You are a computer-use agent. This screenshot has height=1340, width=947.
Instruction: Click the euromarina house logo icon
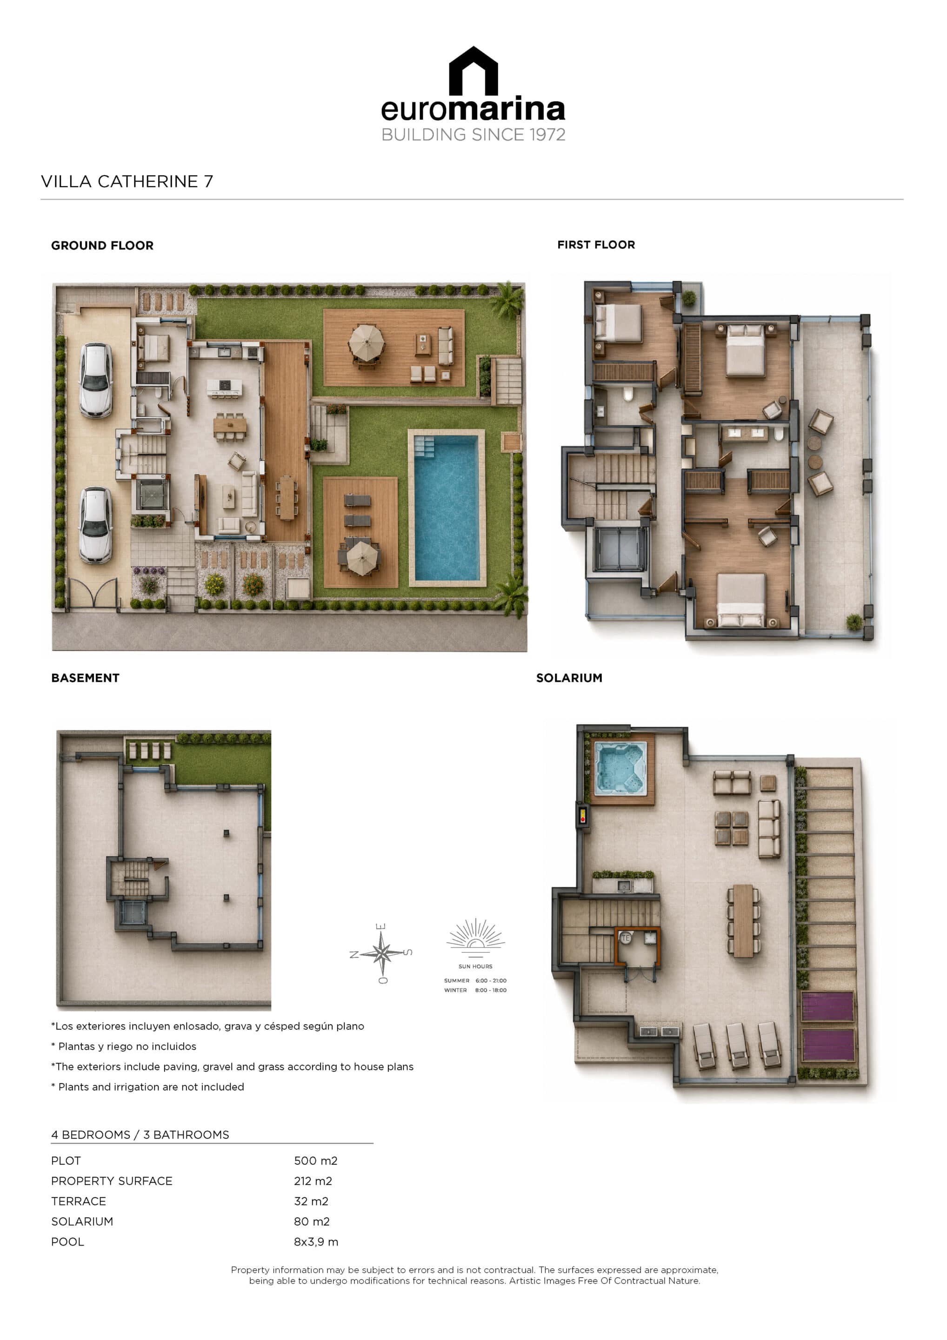(473, 71)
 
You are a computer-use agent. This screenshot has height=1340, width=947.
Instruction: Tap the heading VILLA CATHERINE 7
(127, 181)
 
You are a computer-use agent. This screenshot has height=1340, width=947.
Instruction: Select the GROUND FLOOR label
(102, 246)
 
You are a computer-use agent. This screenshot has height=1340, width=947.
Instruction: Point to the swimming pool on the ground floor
(447, 507)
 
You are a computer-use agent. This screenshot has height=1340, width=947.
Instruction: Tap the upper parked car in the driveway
(96, 380)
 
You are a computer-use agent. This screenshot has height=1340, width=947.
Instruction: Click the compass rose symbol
(381, 954)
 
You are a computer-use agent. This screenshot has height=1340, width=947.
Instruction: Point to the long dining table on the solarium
(743, 921)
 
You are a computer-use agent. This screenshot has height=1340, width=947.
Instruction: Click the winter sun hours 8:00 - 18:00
(491, 991)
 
